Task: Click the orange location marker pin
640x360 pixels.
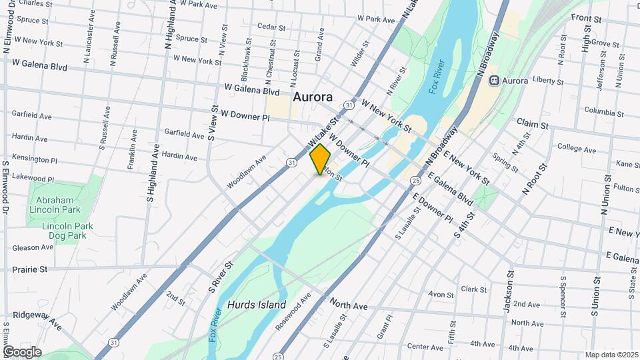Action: click(x=320, y=159)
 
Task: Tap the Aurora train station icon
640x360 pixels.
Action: click(x=495, y=81)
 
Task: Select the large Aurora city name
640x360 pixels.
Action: click(x=312, y=97)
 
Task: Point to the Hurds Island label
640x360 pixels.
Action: click(x=257, y=305)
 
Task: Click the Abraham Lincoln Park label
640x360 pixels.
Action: click(x=53, y=204)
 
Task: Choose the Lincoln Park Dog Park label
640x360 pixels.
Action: click(x=67, y=231)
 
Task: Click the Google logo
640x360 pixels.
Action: click(x=22, y=352)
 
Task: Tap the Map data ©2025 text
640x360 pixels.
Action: click(x=611, y=355)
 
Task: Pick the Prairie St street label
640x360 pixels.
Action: click(x=30, y=269)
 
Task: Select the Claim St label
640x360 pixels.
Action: click(x=532, y=124)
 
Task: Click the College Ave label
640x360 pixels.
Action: click(x=576, y=147)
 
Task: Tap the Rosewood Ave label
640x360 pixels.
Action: click(x=299, y=307)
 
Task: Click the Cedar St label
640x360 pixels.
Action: click(x=271, y=28)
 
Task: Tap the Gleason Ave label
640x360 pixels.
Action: click(x=33, y=247)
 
